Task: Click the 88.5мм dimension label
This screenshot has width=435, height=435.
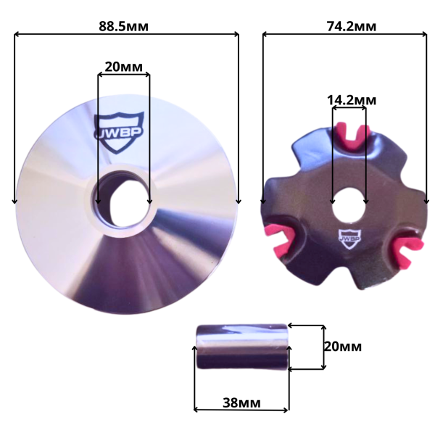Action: click(124, 26)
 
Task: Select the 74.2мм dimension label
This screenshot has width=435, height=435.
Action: click(352, 26)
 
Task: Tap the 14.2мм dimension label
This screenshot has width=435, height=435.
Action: click(352, 100)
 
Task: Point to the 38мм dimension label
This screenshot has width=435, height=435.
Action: click(241, 402)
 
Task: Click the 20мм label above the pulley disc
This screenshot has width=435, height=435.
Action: click(124, 67)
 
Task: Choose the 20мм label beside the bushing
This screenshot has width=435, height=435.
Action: click(343, 347)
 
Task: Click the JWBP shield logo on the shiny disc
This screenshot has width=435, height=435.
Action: click(119, 132)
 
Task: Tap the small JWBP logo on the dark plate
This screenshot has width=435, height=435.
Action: click(350, 239)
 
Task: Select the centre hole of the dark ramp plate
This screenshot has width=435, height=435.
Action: click(349, 204)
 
